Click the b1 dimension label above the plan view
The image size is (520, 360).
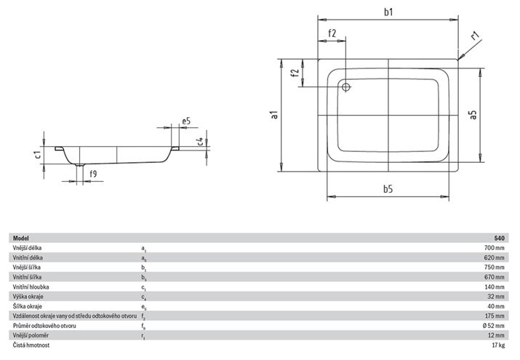(388, 12)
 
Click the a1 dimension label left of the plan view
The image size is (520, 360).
(274, 115)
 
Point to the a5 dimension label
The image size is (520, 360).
(473, 115)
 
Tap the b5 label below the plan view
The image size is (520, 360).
(388, 189)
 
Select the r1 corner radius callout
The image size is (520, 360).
(476, 35)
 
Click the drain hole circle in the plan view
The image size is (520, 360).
(346, 87)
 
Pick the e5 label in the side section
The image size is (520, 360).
(186, 121)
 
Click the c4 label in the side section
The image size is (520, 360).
(200, 141)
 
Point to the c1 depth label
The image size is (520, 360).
(38, 154)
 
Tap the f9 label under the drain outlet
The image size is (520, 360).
(93, 173)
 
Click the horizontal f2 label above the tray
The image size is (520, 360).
(332, 33)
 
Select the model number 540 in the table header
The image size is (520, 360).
(500, 238)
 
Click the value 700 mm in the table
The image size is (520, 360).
(495, 247)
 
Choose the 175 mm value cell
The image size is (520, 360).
(495, 316)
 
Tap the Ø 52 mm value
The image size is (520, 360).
(494, 326)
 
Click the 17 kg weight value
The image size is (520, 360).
(498, 345)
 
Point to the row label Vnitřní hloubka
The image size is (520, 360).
(31, 287)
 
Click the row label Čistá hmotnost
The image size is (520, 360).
(31, 345)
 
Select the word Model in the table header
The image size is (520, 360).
(21, 238)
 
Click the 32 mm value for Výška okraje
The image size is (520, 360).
(496, 296)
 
